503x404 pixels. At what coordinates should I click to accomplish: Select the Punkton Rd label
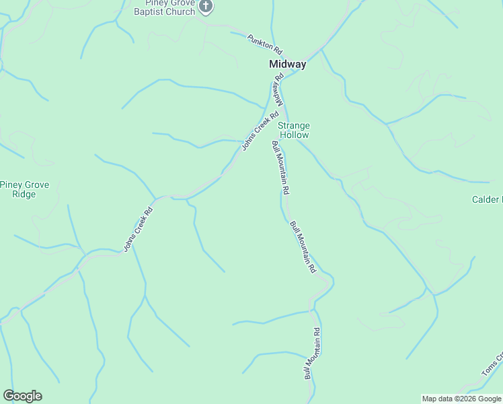264,44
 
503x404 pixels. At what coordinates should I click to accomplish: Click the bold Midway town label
287,65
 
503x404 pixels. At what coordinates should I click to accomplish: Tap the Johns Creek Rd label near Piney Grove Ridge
139,229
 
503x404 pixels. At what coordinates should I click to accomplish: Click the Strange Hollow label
294,130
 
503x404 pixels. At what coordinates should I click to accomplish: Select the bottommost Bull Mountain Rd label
313,353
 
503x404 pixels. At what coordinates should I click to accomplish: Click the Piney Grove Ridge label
24,189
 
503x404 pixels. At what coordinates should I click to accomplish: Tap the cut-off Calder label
487,199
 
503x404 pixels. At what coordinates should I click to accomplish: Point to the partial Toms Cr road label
492,366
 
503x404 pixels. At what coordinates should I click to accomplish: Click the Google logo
22,396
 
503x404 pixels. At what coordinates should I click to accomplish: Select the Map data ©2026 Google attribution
462,399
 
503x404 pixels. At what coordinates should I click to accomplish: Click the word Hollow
294,135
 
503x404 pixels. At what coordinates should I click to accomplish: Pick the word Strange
294,126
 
